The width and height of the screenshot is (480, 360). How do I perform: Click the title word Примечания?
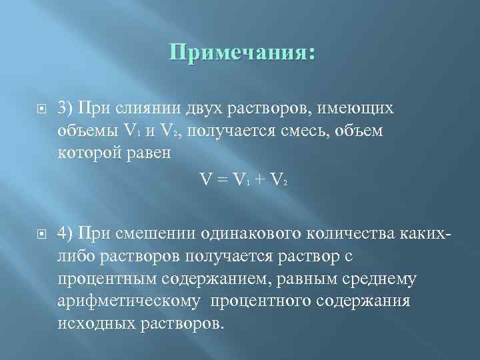pyautogui.click(x=241, y=52)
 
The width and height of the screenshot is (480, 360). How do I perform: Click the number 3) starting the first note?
pyautogui.click(x=65, y=107)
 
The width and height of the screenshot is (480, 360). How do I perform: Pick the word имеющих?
pyautogui.click(x=359, y=107)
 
